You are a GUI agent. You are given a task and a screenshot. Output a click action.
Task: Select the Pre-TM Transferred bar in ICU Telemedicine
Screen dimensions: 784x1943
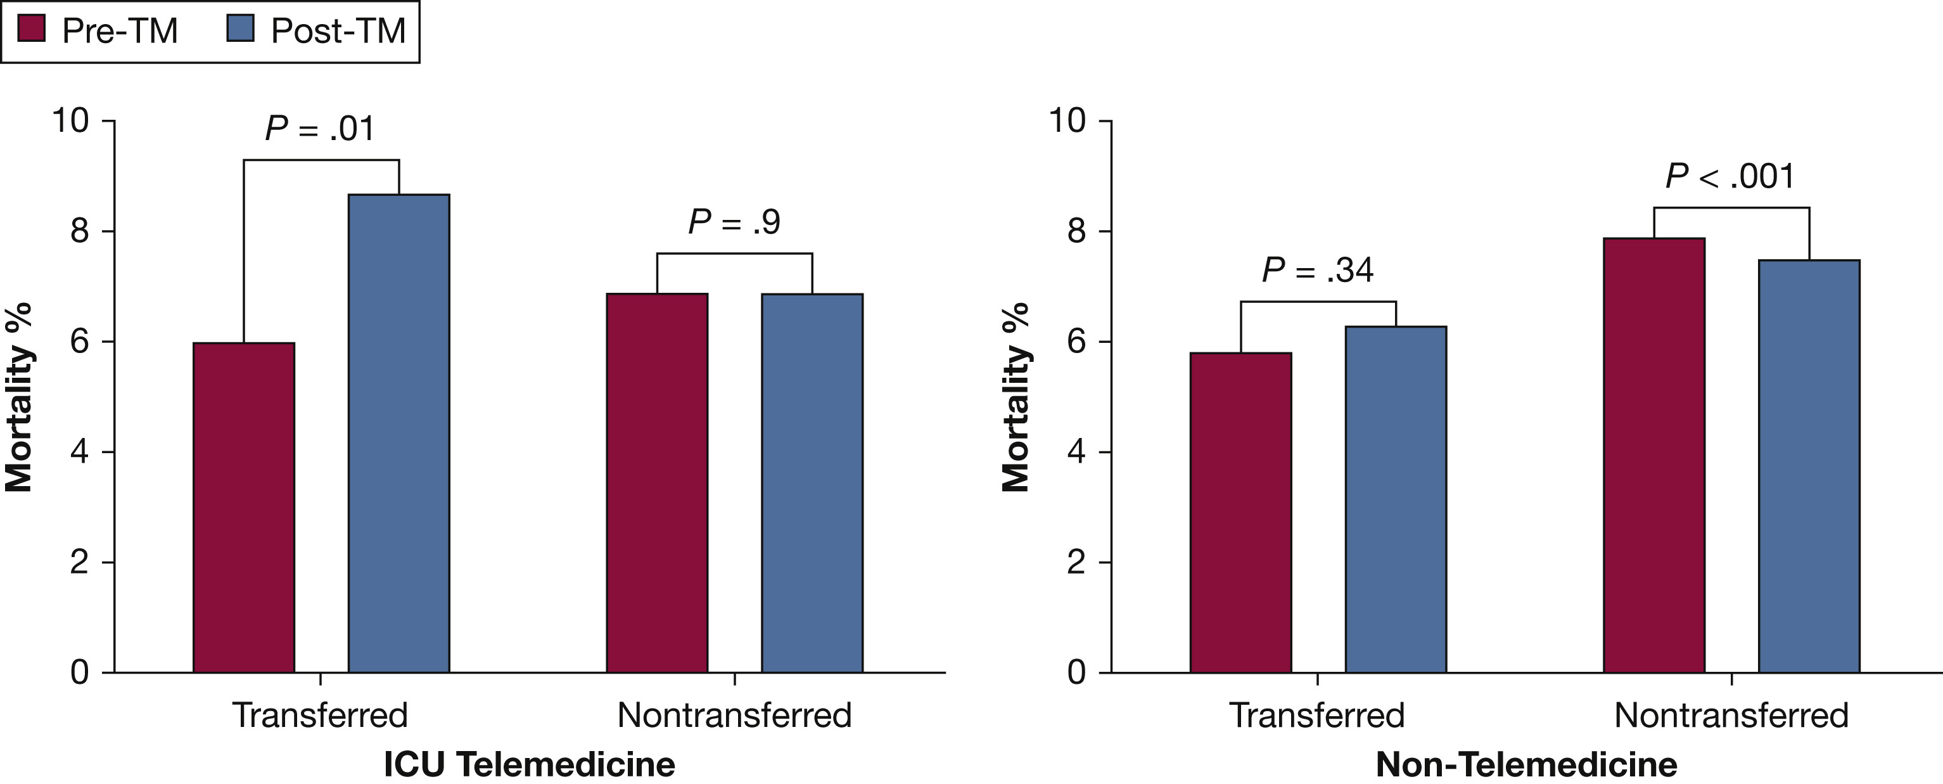[244, 507]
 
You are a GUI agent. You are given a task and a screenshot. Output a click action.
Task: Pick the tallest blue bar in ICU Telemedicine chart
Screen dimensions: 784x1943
[399, 433]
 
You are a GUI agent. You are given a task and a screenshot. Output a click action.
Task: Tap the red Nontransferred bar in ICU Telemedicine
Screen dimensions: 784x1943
[657, 483]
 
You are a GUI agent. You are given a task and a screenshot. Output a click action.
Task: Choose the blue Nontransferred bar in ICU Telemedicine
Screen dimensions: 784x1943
[812, 483]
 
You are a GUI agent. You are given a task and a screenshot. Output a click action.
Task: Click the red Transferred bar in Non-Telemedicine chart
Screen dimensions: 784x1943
[1241, 512]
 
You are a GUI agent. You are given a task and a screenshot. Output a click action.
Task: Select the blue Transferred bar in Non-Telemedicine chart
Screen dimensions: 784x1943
[1396, 499]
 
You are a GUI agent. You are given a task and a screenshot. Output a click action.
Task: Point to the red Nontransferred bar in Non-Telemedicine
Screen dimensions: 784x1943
[1654, 455]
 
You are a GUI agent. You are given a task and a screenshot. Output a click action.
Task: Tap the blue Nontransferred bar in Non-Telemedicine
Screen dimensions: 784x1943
[1809, 466]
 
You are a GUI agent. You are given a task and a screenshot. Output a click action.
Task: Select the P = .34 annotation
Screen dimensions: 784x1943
[1318, 270]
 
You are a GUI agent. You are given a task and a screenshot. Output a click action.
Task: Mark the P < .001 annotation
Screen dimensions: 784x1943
[1730, 177]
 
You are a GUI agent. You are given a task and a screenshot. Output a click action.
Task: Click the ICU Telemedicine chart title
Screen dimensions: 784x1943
[530, 764]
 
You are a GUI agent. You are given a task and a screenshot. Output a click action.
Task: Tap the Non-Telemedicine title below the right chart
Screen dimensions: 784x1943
[1527, 764]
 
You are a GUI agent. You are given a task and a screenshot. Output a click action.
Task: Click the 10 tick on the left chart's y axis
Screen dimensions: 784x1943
[70, 120]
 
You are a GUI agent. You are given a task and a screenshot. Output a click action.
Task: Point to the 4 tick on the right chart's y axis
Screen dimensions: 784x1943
[1076, 452]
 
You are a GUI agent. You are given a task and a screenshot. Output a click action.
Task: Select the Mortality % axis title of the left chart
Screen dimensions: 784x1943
[20, 397]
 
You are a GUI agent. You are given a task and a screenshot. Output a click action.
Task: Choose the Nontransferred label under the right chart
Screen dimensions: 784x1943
[1731, 714]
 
